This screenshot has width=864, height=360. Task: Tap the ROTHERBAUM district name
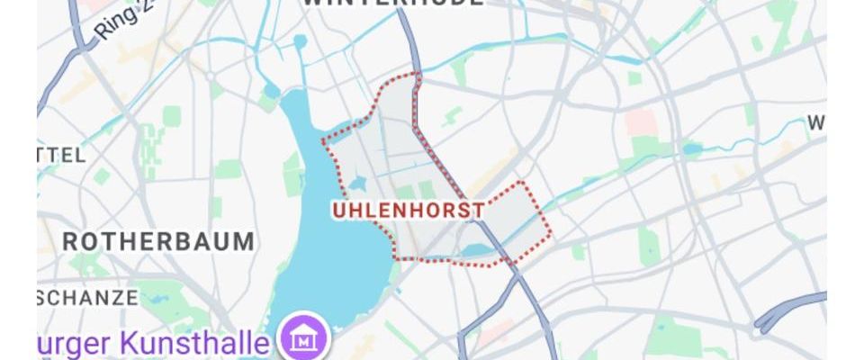[x=158, y=241]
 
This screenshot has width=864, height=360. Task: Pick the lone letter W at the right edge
[x=816, y=122]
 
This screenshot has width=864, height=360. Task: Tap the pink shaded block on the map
[x=641, y=121]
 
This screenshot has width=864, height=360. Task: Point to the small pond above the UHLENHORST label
[x=356, y=184]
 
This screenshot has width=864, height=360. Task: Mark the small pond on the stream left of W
[x=692, y=148]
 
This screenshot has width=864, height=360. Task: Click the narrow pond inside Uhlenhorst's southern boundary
[x=477, y=250]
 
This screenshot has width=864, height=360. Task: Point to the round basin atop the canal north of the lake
[x=300, y=41]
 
